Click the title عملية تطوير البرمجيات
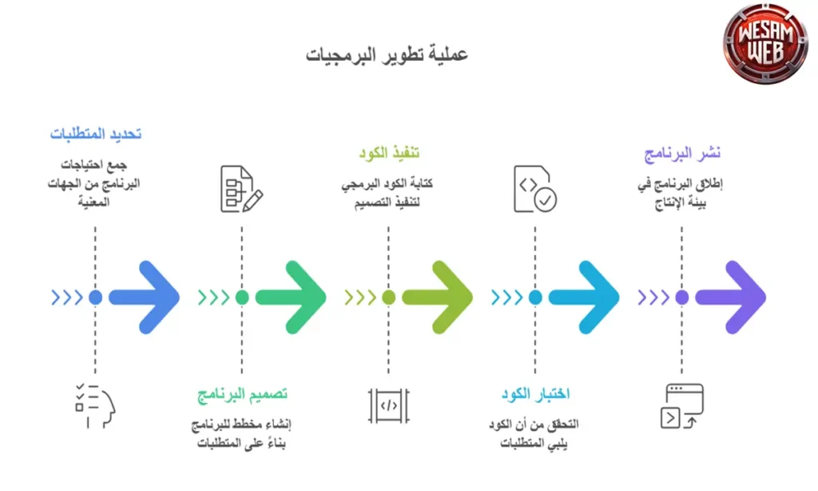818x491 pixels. [386, 54]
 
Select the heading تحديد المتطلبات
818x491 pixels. [96, 134]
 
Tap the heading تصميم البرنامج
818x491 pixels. [242, 395]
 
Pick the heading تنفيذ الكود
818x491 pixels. [389, 153]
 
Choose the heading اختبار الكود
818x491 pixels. [535, 394]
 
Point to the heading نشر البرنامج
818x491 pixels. [683, 153]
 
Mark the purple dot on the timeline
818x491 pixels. [682, 297]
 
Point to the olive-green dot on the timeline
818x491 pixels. [389, 297]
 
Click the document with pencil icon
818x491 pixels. [241, 190]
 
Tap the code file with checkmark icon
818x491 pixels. [535, 190]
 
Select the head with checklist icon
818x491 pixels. [94, 406]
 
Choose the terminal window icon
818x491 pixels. [682, 406]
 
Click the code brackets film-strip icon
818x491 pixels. [389, 406]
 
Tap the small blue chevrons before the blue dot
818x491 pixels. [68, 297]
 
